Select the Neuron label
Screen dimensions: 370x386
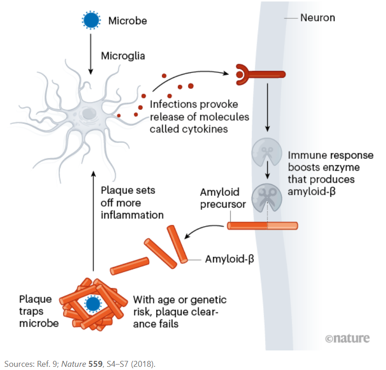(x=317, y=18)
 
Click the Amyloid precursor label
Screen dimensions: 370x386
(x=223, y=198)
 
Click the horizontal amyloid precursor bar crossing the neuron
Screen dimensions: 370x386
(x=262, y=225)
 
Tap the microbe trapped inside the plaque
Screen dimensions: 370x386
(x=93, y=303)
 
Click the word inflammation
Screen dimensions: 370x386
(x=132, y=215)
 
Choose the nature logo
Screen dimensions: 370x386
(x=347, y=338)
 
